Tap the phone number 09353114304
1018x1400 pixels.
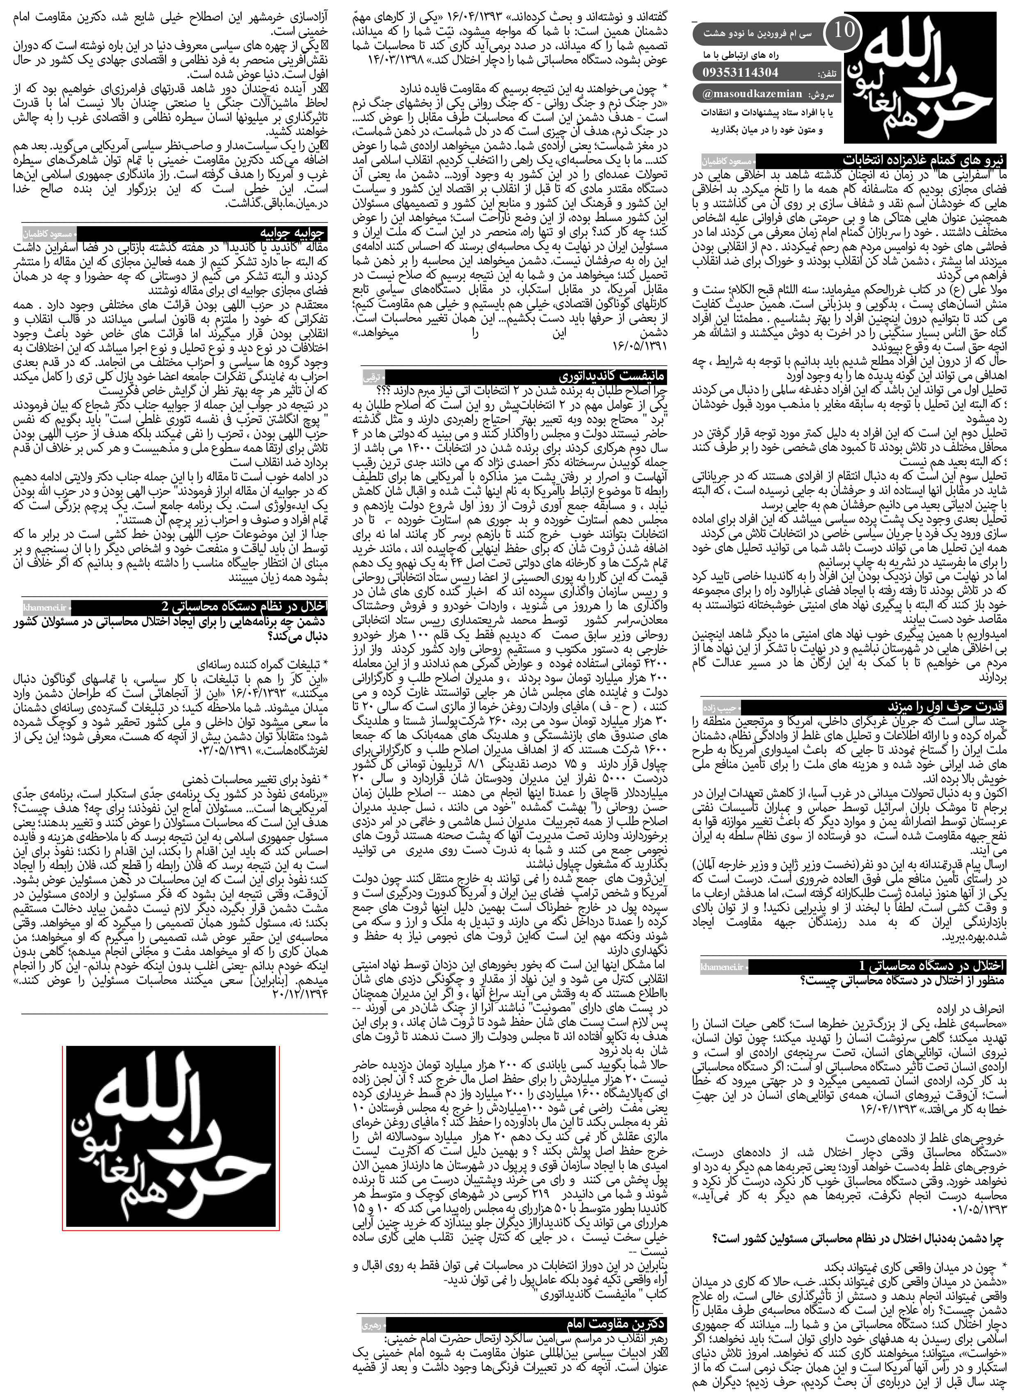(x=741, y=72)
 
